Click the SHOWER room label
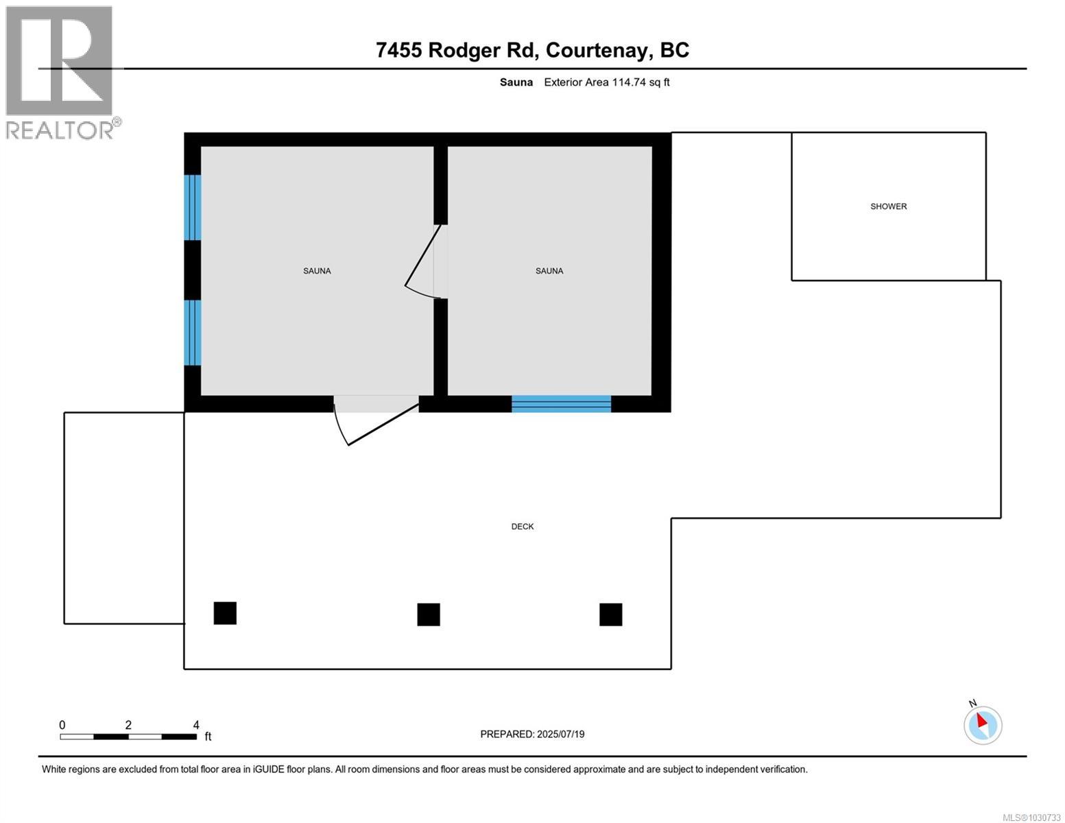tap(888, 206)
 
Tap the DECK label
tap(522, 527)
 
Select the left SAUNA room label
tap(317, 271)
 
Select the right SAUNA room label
tap(549, 271)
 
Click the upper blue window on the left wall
tap(193, 207)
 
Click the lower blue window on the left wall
tap(193, 333)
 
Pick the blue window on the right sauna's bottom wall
tap(561, 404)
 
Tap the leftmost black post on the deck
tap(225, 613)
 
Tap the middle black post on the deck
tap(429, 615)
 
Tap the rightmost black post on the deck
tap(610, 615)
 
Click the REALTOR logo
tap(60, 72)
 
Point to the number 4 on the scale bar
tap(196, 725)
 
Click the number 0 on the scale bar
tap(62, 725)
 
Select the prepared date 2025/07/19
tap(560, 734)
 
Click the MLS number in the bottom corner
tap(1031, 817)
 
